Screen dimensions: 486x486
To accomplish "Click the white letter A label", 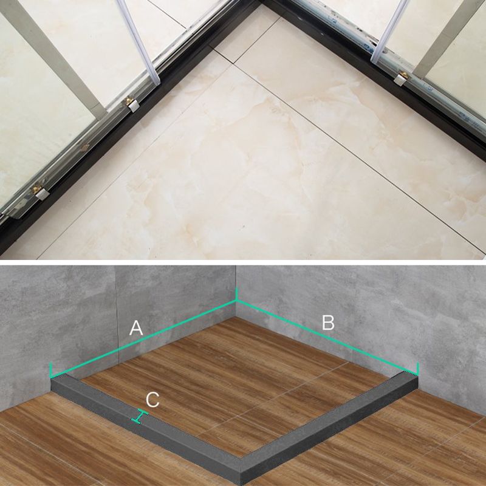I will pyautogui.click(x=136, y=328).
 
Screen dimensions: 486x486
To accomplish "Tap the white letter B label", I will pyautogui.click(x=328, y=323).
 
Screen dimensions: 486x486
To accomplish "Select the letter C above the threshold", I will pyautogui.click(x=153, y=400).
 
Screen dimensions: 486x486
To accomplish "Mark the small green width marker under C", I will pyautogui.click(x=141, y=417).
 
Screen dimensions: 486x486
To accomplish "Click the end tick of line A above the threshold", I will pyautogui.click(x=50, y=369).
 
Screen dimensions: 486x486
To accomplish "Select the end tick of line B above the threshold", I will pyautogui.click(x=418, y=368).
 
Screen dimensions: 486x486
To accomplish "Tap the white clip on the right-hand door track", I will pyautogui.click(x=401, y=78).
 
